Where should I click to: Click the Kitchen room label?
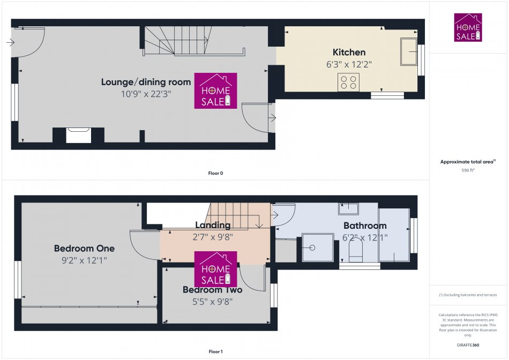pyautogui.click(x=349, y=52)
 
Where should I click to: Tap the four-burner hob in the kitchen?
pyautogui.click(x=348, y=81)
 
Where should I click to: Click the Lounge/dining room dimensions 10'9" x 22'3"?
pyautogui.click(x=146, y=94)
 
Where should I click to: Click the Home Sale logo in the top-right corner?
pyautogui.click(x=468, y=28)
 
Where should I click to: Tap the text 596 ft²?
pyautogui.click(x=468, y=170)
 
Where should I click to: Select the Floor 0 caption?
pyautogui.click(x=215, y=173)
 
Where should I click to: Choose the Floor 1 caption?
pyautogui.click(x=215, y=352)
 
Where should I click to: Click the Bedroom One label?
pyautogui.click(x=84, y=249)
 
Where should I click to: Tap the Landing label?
pyautogui.click(x=213, y=225)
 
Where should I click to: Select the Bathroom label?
pyautogui.click(x=365, y=226)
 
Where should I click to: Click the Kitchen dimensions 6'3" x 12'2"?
pyautogui.click(x=349, y=64)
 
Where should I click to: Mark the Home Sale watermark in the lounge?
pyautogui.click(x=215, y=91)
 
